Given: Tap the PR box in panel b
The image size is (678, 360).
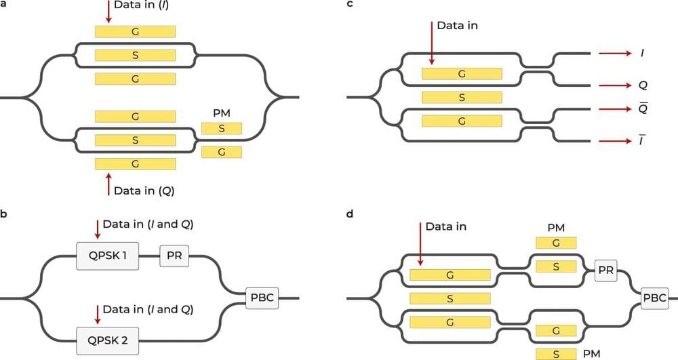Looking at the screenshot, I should (173, 257).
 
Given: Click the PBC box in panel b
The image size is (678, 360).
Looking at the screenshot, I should (262, 296).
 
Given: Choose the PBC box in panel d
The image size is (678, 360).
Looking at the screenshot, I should (655, 296).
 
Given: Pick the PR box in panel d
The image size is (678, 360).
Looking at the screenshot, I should (605, 271).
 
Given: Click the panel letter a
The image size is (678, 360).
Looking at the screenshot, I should (3, 4).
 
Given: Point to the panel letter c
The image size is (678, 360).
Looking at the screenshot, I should (349, 4).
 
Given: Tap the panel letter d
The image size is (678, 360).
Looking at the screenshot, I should (349, 214).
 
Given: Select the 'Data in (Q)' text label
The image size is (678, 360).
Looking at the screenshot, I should (144, 191).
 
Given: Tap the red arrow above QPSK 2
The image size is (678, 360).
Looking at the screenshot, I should (98, 313).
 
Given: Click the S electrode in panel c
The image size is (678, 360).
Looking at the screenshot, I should (462, 98).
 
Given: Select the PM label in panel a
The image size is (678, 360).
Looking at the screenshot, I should (221, 113).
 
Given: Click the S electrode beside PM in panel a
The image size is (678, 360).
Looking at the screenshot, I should (221, 128).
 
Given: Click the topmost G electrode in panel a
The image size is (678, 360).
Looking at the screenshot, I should (135, 31).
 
